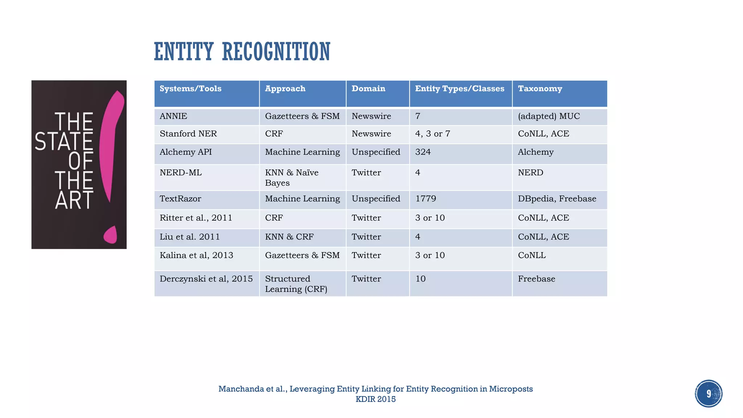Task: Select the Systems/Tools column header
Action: [x=190, y=89]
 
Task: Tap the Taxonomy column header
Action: [x=540, y=89]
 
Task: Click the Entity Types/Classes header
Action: [x=459, y=89]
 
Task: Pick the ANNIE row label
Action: [x=173, y=116]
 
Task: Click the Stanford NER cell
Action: [x=188, y=134]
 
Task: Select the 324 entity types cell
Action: [x=423, y=152]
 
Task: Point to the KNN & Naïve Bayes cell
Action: [x=292, y=177]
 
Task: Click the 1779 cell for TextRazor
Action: [x=426, y=199]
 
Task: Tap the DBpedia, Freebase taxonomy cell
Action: [x=557, y=199]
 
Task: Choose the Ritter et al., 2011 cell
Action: [x=196, y=218]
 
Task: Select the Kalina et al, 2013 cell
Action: [x=196, y=255]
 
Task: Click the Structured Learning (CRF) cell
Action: [x=296, y=284]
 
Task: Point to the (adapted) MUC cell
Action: [x=549, y=116]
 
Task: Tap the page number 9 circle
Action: [x=708, y=394]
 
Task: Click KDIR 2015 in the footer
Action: [x=375, y=399]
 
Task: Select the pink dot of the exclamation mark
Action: [x=110, y=235]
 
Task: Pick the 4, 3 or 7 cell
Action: [x=432, y=134]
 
